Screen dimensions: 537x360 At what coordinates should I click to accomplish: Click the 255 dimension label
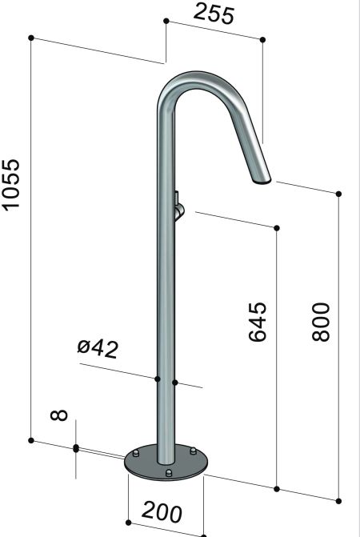(214, 15)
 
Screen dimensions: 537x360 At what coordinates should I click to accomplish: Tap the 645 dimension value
(256, 322)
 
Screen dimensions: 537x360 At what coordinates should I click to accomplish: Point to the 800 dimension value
(320, 322)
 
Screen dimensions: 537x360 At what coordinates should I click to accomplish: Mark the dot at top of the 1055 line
(30, 37)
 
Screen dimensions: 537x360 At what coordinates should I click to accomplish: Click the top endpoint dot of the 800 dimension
(339, 194)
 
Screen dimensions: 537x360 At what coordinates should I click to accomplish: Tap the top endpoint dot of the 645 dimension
(277, 228)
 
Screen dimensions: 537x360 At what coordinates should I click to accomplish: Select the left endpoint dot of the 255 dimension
(165, 22)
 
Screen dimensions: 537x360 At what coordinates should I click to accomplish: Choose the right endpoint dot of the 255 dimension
(262, 38)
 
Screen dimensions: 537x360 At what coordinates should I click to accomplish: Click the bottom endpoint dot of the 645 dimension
(277, 489)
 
